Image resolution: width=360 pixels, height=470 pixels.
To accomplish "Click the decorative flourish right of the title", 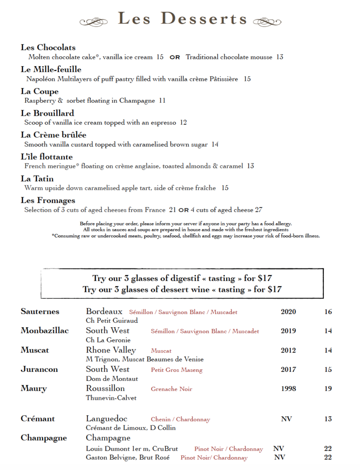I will (x=267, y=21).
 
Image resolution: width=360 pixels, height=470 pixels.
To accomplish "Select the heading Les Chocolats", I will (x=48, y=47).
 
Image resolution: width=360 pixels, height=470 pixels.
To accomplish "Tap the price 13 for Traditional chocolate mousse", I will (x=280, y=57).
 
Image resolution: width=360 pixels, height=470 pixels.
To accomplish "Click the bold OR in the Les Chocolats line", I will (x=175, y=58).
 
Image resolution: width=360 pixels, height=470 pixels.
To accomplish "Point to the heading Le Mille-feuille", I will (x=51, y=69).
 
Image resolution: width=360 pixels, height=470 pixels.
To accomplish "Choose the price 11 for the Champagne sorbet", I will (x=162, y=101).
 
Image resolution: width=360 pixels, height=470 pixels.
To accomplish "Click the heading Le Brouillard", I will (x=47, y=113).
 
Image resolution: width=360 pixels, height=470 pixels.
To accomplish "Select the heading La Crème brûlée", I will (x=53, y=135).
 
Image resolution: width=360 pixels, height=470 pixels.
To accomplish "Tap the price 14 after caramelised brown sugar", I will (x=215, y=144).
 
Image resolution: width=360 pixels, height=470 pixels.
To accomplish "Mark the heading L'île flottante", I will (x=47, y=157).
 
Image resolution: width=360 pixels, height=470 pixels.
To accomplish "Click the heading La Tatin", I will (x=37, y=179).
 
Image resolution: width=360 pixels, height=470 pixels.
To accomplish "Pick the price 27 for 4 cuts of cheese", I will (x=259, y=210).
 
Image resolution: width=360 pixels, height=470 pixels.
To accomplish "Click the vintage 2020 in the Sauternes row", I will (x=288, y=312).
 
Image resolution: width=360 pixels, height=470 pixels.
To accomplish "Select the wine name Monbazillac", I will (x=45, y=330).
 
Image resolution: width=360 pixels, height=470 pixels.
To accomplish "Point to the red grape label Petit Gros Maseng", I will (x=176, y=370).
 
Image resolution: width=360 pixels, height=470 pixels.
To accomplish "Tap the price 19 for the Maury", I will (x=328, y=388).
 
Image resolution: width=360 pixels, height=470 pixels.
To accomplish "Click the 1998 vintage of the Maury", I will (x=288, y=388).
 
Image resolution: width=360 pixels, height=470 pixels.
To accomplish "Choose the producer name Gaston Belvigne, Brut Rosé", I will (x=128, y=457).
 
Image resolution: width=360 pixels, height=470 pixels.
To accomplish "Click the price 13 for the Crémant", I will (x=328, y=419).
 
